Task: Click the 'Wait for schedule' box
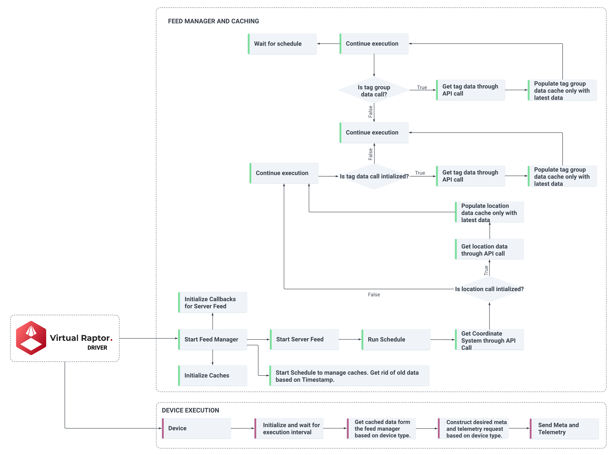click(x=282, y=44)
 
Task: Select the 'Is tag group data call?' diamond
click(x=374, y=90)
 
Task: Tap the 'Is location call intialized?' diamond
click(x=489, y=289)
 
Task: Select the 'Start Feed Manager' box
click(x=212, y=339)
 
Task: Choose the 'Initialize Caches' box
click(x=212, y=375)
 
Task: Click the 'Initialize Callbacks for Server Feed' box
click(x=212, y=302)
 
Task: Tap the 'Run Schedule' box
click(x=396, y=339)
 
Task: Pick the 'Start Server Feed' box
click(x=304, y=339)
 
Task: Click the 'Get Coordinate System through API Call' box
click(x=489, y=340)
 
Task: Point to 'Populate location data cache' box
click(x=489, y=212)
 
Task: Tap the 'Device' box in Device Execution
click(x=196, y=428)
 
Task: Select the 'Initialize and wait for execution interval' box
click(x=288, y=429)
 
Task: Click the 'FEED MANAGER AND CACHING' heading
click(x=213, y=21)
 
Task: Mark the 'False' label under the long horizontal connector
click(x=374, y=295)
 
